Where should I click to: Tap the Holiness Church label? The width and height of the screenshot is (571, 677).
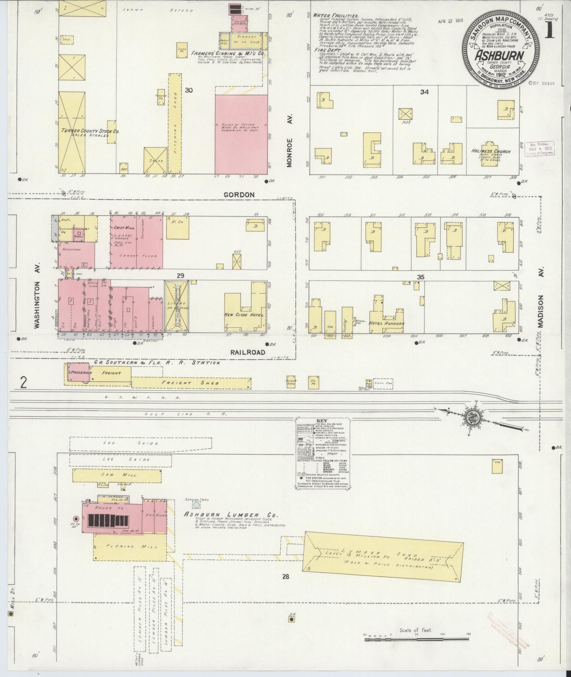(x=491, y=151)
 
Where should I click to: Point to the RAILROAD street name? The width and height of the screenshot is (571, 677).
(x=248, y=352)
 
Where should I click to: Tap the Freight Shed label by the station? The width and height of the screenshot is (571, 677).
(x=190, y=383)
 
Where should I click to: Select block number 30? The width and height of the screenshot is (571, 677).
(x=189, y=90)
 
